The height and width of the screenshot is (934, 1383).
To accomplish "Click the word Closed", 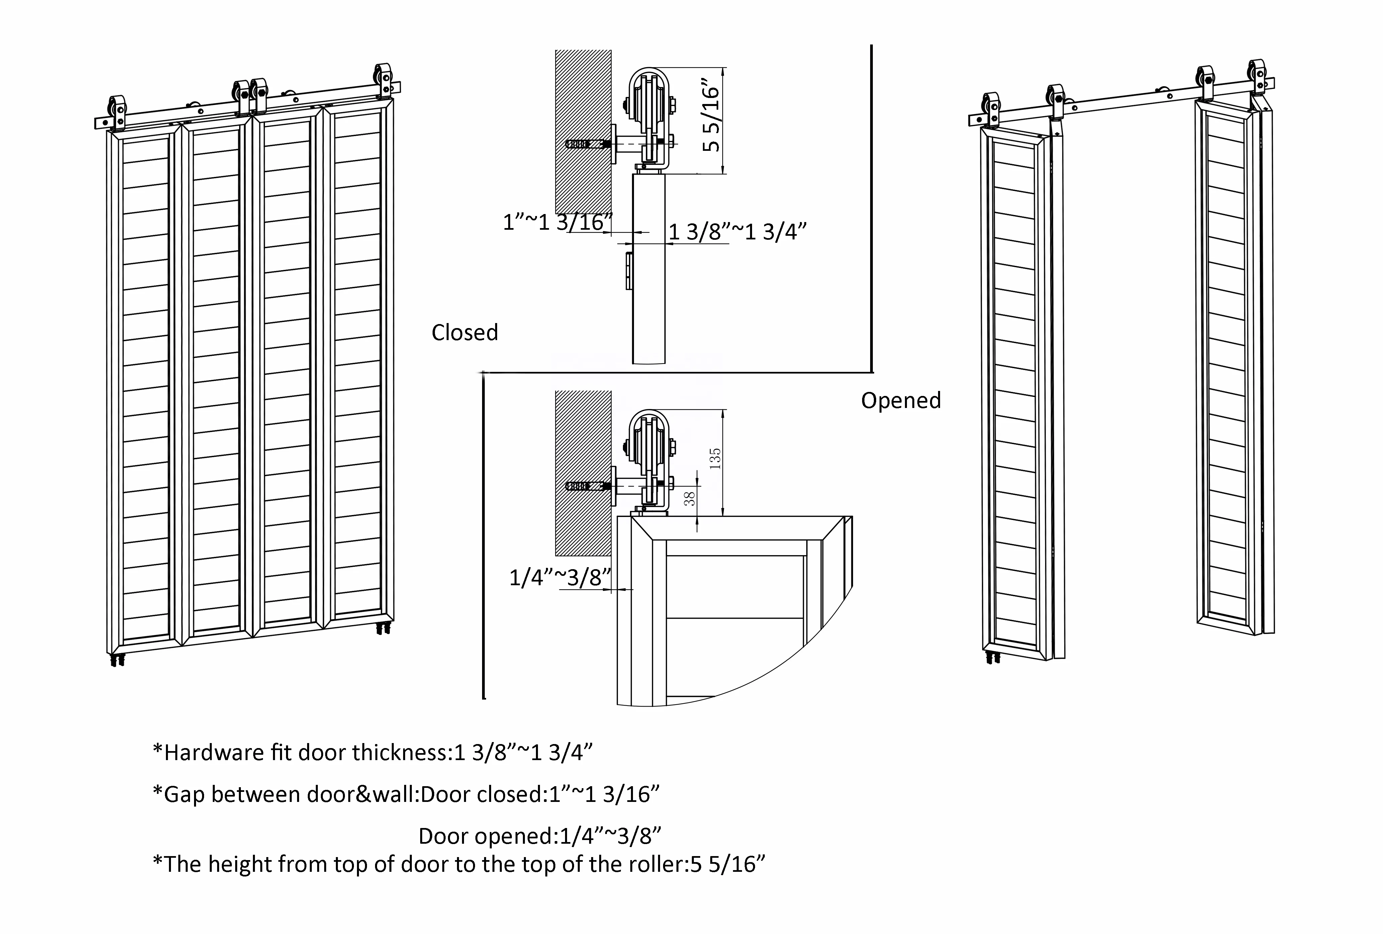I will click(x=464, y=332).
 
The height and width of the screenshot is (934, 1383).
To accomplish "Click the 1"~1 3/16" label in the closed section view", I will click(x=558, y=222).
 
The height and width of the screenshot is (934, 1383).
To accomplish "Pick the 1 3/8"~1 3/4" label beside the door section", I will click(x=738, y=232).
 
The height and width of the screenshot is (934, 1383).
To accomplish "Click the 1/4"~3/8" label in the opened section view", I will click(x=560, y=578).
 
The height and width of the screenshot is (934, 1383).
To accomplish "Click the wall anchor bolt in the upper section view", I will click(x=584, y=144).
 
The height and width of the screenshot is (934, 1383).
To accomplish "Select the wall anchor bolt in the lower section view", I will click(x=584, y=486).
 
